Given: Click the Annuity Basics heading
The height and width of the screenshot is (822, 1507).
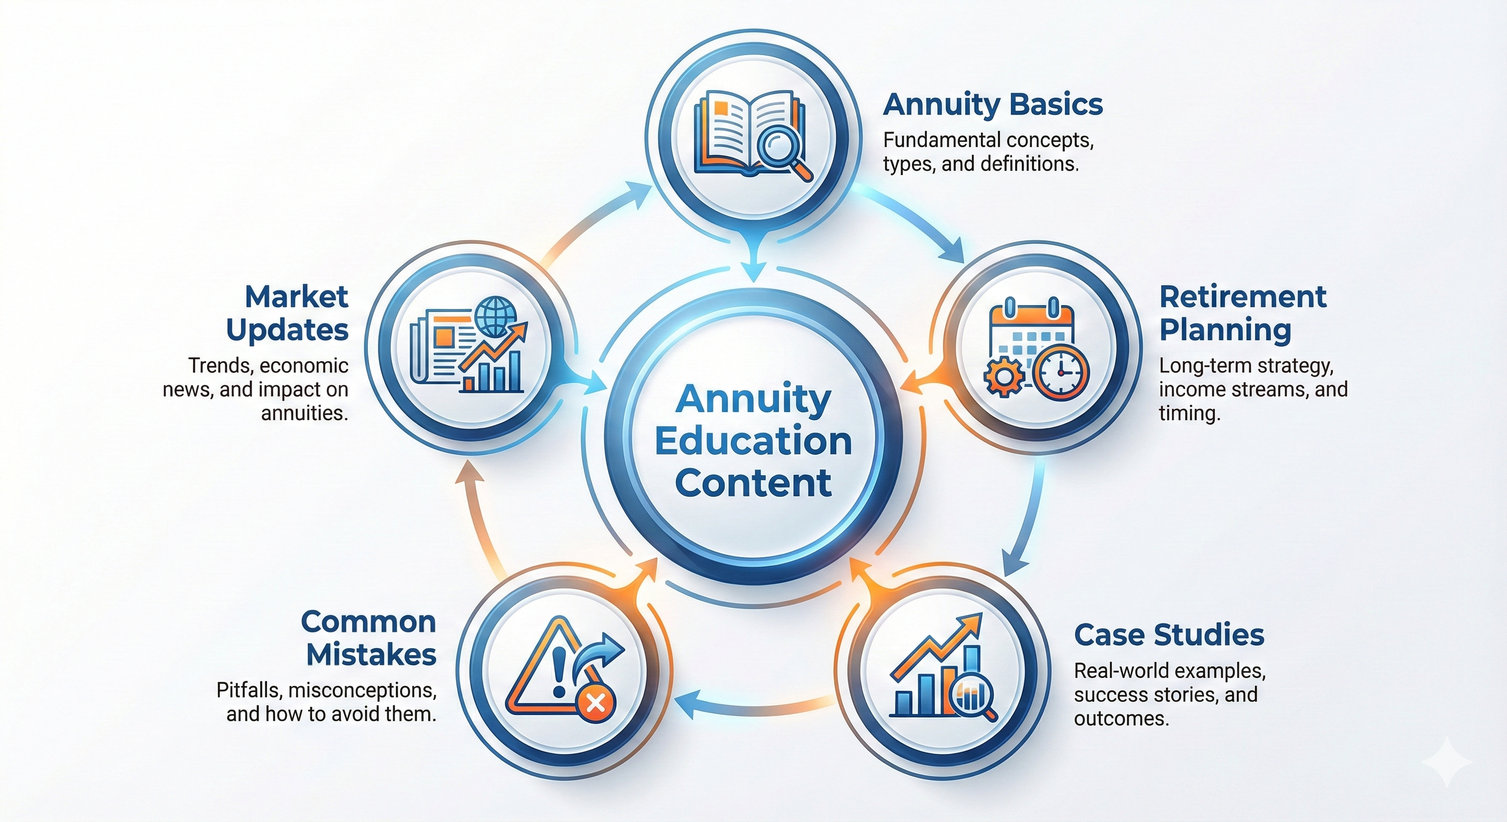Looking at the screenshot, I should [993, 105].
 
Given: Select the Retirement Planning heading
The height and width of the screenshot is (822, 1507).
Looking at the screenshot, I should [1243, 313].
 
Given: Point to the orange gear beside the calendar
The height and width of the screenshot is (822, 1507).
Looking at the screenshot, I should [1004, 377].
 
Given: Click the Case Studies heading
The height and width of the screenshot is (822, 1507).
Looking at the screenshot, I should [1169, 635].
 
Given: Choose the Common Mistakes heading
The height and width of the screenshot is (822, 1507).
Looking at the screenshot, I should [369, 638].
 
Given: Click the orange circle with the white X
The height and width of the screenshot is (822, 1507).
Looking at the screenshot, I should [596, 702].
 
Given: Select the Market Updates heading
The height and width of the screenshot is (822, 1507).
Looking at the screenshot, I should [288, 313].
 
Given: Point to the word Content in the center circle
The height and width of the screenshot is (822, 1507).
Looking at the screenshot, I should [753, 483].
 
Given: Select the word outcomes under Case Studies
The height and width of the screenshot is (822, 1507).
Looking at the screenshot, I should [1122, 718].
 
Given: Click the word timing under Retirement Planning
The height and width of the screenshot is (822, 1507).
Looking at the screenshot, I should [1189, 413].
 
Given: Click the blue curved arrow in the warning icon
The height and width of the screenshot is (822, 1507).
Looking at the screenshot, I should [601, 654].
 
